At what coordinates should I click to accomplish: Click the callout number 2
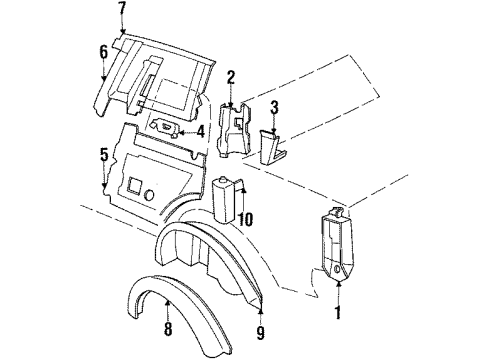[230, 77]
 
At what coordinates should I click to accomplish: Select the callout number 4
[201, 130]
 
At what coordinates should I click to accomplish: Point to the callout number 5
[104, 156]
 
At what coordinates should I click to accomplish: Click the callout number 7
[122, 9]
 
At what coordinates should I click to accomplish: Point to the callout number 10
[246, 219]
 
